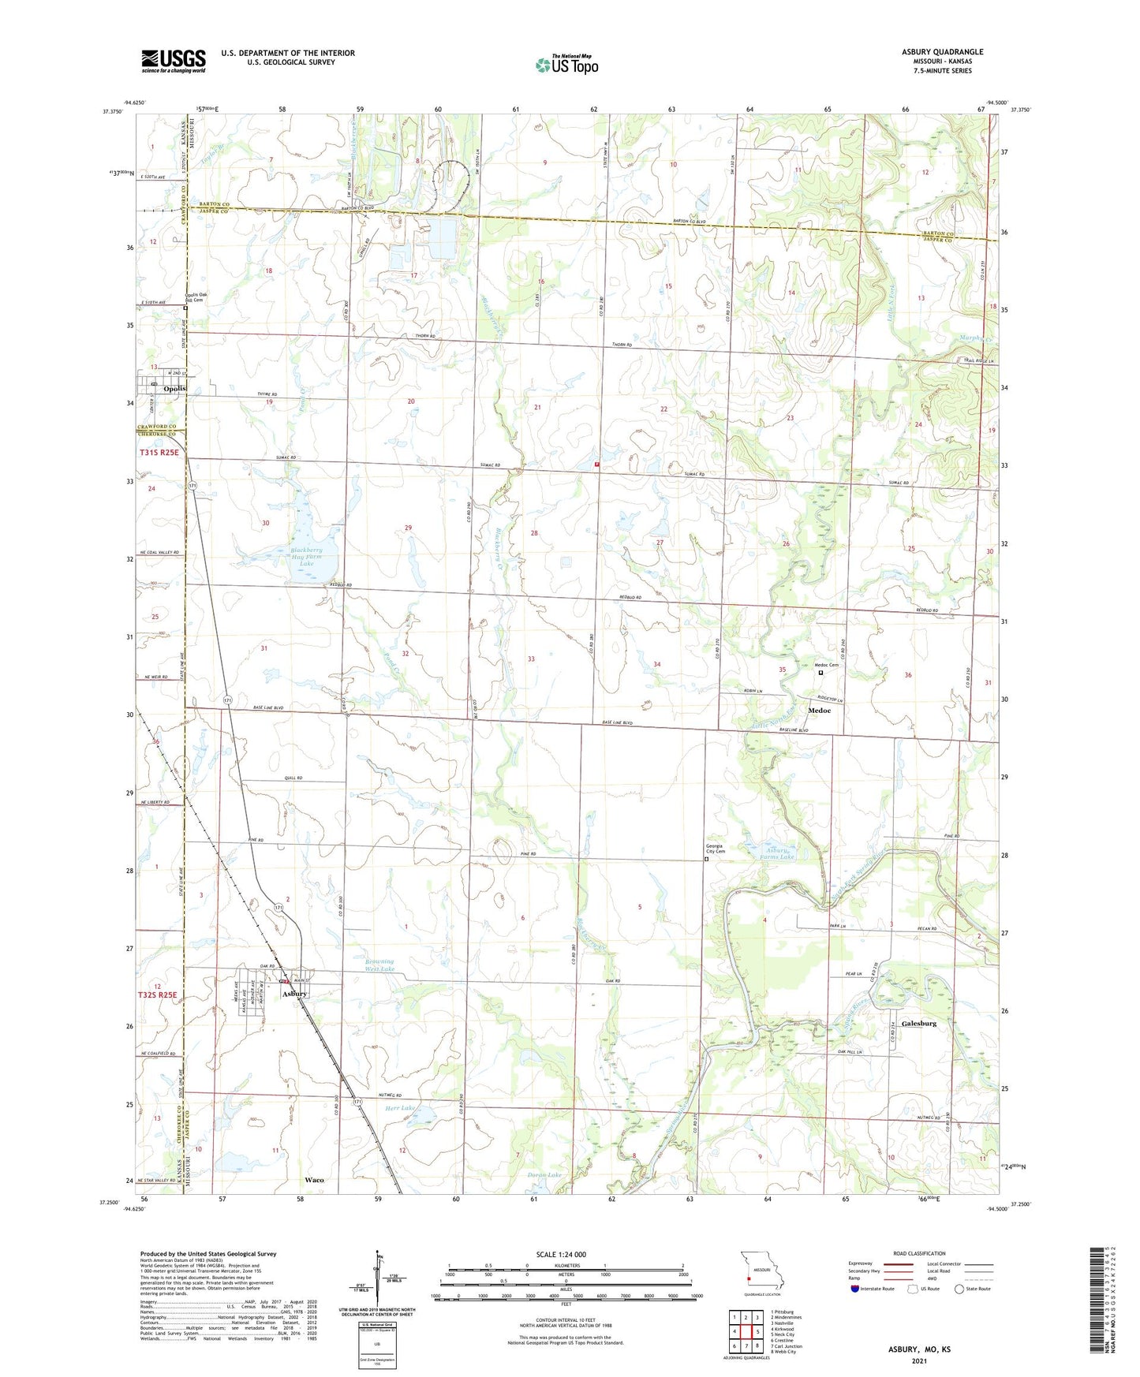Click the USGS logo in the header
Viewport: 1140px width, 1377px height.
[x=174, y=61]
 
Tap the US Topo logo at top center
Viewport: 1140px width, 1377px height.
[x=566, y=65]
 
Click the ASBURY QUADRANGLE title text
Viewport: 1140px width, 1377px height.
[x=943, y=52]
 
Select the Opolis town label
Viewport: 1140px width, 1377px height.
[x=175, y=389]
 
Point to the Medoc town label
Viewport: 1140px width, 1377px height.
[x=819, y=711]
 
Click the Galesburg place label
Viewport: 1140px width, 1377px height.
[x=918, y=1023]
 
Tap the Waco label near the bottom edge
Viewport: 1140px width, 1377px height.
[x=314, y=1180]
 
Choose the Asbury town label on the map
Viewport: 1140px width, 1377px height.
[x=295, y=994]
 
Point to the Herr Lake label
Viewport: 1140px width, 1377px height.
[x=400, y=1108]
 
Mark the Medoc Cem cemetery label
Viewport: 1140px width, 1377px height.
[x=826, y=665]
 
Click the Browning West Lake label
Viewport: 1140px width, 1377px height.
[x=379, y=965]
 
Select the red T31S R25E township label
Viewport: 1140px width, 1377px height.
[x=159, y=453]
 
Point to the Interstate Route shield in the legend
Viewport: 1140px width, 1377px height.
[x=856, y=1289]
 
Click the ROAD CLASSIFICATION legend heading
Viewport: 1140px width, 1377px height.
[x=918, y=1253]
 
